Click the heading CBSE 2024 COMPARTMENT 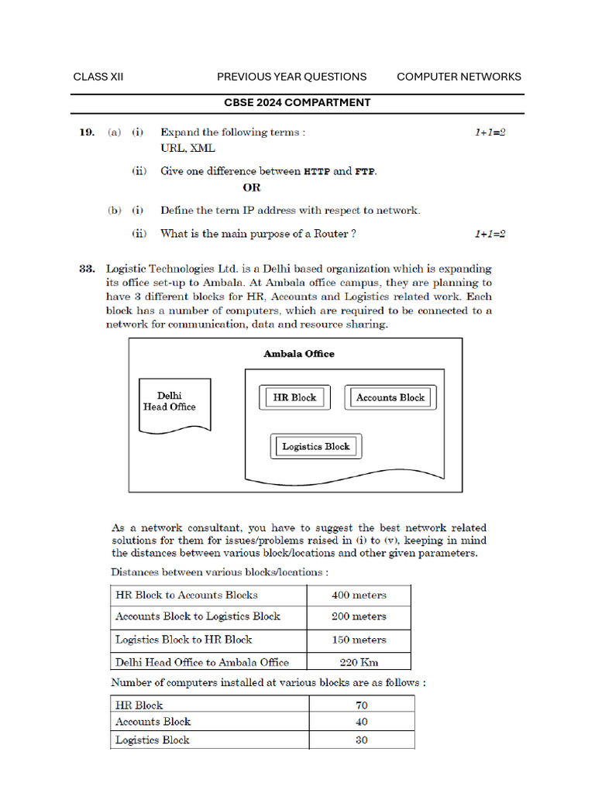[297, 102]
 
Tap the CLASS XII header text [98, 77]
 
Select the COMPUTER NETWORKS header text [459, 77]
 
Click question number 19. [87, 132]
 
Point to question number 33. [87, 269]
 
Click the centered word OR [252, 187]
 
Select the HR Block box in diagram [294, 397]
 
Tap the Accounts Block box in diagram [390, 397]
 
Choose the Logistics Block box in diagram [315, 446]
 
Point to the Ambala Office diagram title [299, 354]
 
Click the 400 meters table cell [359, 596]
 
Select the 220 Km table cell [359, 662]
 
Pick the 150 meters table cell [359, 640]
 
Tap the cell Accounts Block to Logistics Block [198, 616]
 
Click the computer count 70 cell [362, 705]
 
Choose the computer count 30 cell [362, 740]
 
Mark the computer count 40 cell [362, 722]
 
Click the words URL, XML [187, 148]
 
